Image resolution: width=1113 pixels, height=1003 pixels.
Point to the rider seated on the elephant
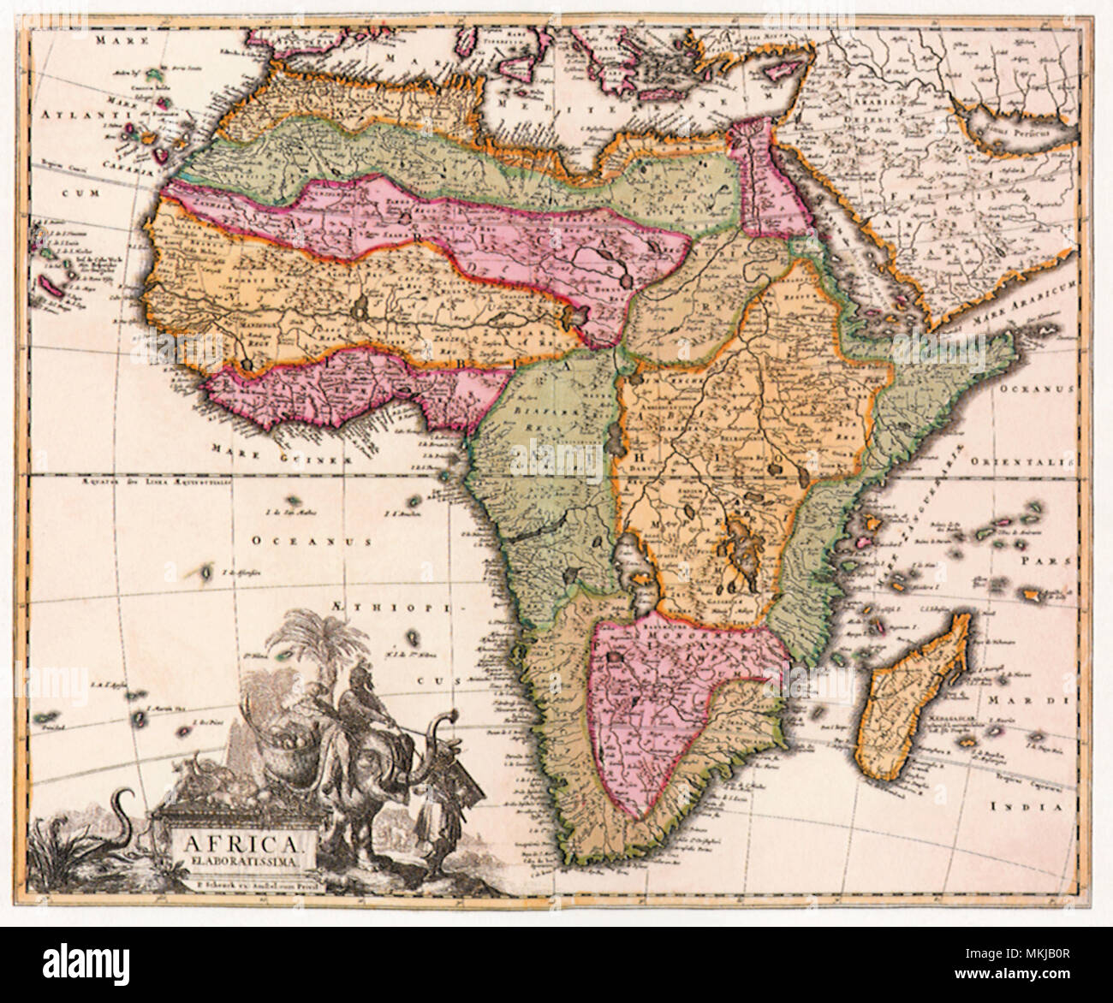353,719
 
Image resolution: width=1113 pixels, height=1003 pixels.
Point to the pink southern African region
651,702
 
